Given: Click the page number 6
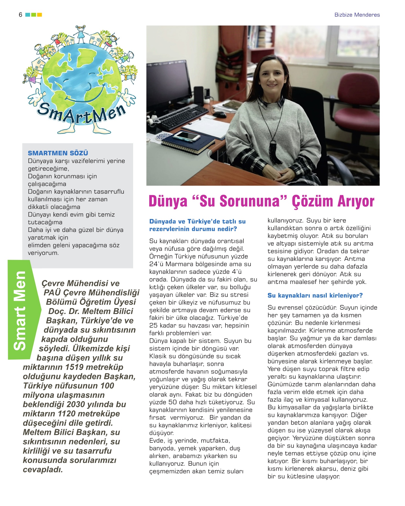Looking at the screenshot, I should point(20,15).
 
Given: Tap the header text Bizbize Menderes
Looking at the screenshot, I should point(357,15).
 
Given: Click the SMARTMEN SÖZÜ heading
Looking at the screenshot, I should point(58,153).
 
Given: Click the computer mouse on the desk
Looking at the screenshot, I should point(220,114).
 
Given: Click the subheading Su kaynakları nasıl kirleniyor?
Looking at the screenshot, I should point(315,295).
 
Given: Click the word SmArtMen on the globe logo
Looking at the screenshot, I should point(81,113).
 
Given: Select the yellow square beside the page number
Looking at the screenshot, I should point(39,15).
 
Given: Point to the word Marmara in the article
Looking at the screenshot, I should point(180,264).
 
